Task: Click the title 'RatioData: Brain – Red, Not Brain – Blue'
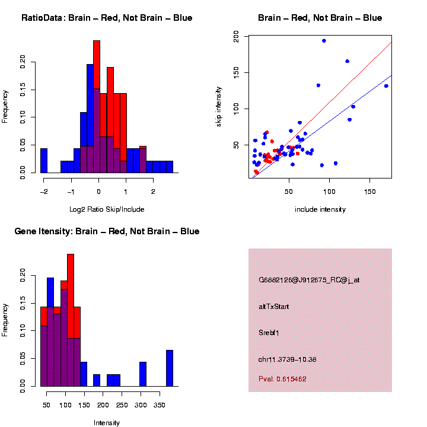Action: coord(107,18)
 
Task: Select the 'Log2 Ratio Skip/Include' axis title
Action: coord(107,209)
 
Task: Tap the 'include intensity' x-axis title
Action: coord(320,209)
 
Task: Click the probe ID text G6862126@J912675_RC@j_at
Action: coord(309,280)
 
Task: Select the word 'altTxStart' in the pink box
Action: coord(274,307)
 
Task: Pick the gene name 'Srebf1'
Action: coord(269,333)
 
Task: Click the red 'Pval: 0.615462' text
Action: coord(282,378)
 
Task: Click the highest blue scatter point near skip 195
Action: coord(324,41)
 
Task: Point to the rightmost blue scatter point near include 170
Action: coord(386,86)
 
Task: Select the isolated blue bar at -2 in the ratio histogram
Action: coord(44,161)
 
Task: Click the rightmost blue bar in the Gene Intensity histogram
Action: coord(170,368)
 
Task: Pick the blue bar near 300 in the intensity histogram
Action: coord(143,374)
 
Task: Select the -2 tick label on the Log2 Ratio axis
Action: coord(43,192)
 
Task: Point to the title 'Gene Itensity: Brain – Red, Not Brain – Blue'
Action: coord(107,231)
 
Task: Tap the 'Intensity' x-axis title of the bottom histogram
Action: coord(107,423)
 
